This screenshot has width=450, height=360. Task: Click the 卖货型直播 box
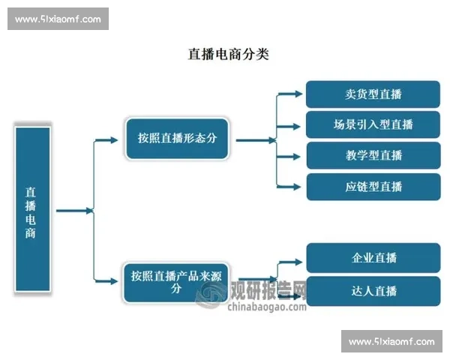[x=373, y=94]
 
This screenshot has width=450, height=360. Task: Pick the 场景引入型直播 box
[x=373, y=124]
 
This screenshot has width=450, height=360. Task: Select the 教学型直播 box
[x=373, y=155]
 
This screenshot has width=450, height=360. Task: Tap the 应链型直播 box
[x=373, y=186]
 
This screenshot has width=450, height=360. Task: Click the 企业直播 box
[x=373, y=258]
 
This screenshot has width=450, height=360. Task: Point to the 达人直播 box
[x=373, y=291]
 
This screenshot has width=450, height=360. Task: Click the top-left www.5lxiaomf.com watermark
[x=59, y=19]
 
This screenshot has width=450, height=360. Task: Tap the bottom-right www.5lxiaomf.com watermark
[x=391, y=342]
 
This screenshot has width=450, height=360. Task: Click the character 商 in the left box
[x=31, y=232]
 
